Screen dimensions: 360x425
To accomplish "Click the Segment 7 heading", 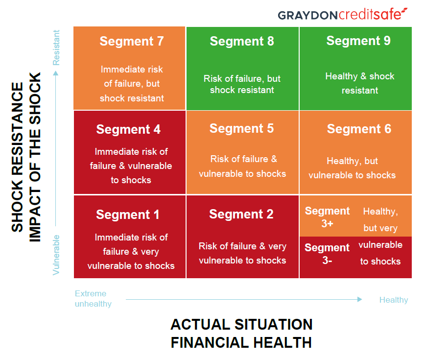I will click(x=131, y=41).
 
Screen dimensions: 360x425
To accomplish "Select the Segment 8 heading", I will click(x=242, y=41).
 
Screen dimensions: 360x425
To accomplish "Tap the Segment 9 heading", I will click(x=358, y=41).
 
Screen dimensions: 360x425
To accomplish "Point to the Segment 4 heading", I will click(x=128, y=129).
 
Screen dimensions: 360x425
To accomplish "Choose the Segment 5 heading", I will click(x=241, y=128).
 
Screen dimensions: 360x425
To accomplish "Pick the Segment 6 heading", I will click(x=359, y=129).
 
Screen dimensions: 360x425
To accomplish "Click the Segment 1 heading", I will click(x=128, y=215).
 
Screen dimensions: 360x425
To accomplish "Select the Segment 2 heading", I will click(x=241, y=214).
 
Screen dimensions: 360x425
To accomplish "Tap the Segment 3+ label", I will click(x=327, y=217).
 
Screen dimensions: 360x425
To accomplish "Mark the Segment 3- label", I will click(x=327, y=254).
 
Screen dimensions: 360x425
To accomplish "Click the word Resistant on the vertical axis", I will click(x=56, y=48).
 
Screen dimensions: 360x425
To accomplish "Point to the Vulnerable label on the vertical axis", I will click(x=56, y=254).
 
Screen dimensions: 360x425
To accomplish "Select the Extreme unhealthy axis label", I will click(x=93, y=299).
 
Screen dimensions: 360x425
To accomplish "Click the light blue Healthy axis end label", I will click(x=393, y=300).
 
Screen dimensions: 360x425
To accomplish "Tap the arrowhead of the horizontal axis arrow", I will click(x=360, y=299).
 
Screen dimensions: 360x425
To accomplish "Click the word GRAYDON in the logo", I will click(x=307, y=15).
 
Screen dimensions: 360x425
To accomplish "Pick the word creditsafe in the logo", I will click(x=372, y=15).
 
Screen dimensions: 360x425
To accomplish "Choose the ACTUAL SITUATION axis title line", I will click(x=241, y=324).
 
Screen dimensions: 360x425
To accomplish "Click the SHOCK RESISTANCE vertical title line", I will click(x=17, y=157).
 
